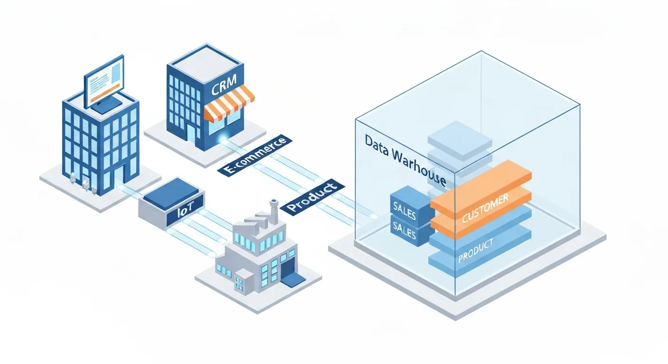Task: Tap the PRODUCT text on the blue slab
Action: (476, 250)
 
